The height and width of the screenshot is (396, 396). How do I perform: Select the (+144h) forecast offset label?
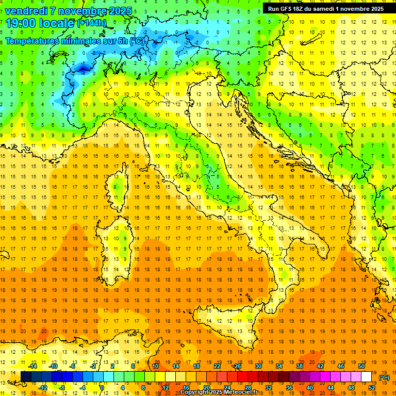click(x=92, y=23)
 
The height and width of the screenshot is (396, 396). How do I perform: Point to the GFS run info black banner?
click(x=325, y=8)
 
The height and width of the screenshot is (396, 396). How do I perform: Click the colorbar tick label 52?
click(x=372, y=388)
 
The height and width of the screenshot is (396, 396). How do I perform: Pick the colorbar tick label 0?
click(x=102, y=388)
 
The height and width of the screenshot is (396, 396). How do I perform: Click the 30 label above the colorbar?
click(x=258, y=366)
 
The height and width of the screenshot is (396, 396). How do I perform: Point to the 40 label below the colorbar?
click(x=310, y=388)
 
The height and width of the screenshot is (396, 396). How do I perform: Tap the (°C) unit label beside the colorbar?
click(x=384, y=377)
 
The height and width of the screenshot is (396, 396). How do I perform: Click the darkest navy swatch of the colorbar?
click(x=26, y=377)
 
